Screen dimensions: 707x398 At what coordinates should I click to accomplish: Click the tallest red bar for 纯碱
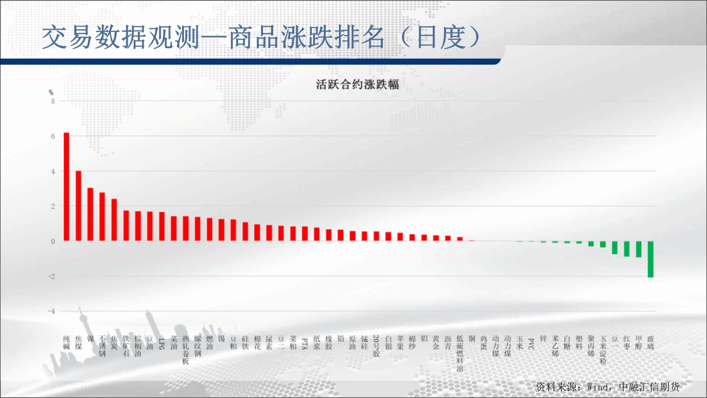click(x=66, y=187)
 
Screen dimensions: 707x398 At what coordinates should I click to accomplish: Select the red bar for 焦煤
click(x=78, y=206)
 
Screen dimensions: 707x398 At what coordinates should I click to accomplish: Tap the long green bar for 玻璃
click(x=650, y=259)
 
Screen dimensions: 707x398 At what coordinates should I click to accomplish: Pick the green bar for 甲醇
click(x=639, y=249)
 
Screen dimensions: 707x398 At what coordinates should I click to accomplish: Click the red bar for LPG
click(x=162, y=227)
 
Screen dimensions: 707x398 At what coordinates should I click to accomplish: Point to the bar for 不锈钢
click(x=102, y=217)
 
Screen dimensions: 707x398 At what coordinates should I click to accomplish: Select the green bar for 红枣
click(x=626, y=249)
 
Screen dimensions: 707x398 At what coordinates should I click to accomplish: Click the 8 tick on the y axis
click(x=53, y=101)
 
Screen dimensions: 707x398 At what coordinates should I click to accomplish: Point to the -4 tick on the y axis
click(x=51, y=312)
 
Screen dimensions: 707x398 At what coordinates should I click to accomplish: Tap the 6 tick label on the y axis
click(x=53, y=136)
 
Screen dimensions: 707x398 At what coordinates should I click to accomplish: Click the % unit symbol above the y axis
click(x=51, y=92)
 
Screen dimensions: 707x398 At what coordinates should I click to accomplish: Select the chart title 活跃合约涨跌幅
click(x=357, y=84)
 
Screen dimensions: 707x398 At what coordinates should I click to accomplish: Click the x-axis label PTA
click(x=304, y=344)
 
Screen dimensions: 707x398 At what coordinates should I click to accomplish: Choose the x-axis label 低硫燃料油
click(x=460, y=353)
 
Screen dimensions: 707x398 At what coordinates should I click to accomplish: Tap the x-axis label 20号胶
click(x=376, y=346)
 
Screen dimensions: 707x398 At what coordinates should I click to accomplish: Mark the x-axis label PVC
click(x=531, y=344)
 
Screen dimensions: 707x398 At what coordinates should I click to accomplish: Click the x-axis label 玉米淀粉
click(x=603, y=350)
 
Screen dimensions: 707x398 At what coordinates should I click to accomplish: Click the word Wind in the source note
click(x=598, y=387)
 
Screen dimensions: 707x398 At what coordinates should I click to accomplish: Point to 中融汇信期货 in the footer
click(x=649, y=387)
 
